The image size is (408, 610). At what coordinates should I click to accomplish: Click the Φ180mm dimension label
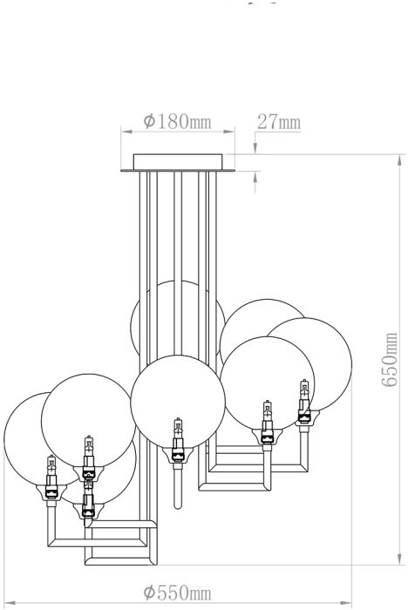[x=177, y=122]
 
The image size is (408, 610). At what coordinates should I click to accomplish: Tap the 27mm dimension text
[x=279, y=122]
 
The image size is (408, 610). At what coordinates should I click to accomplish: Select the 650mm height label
[x=389, y=359]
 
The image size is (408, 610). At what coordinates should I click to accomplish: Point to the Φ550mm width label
[x=177, y=593]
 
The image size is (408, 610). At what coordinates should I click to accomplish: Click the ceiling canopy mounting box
[x=178, y=162]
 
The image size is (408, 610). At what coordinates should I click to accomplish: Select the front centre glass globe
[x=178, y=402]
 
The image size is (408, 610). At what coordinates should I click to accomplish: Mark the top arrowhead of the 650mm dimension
[x=400, y=160]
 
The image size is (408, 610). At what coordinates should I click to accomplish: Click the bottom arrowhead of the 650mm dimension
[x=400, y=559]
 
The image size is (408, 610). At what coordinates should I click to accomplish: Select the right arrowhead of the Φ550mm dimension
[x=346, y=603]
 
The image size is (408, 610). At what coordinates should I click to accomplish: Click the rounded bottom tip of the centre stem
[x=178, y=506]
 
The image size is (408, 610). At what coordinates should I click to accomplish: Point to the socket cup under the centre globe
[x=178, y=454]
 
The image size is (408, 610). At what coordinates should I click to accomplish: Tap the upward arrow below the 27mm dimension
[x=255, y=182]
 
